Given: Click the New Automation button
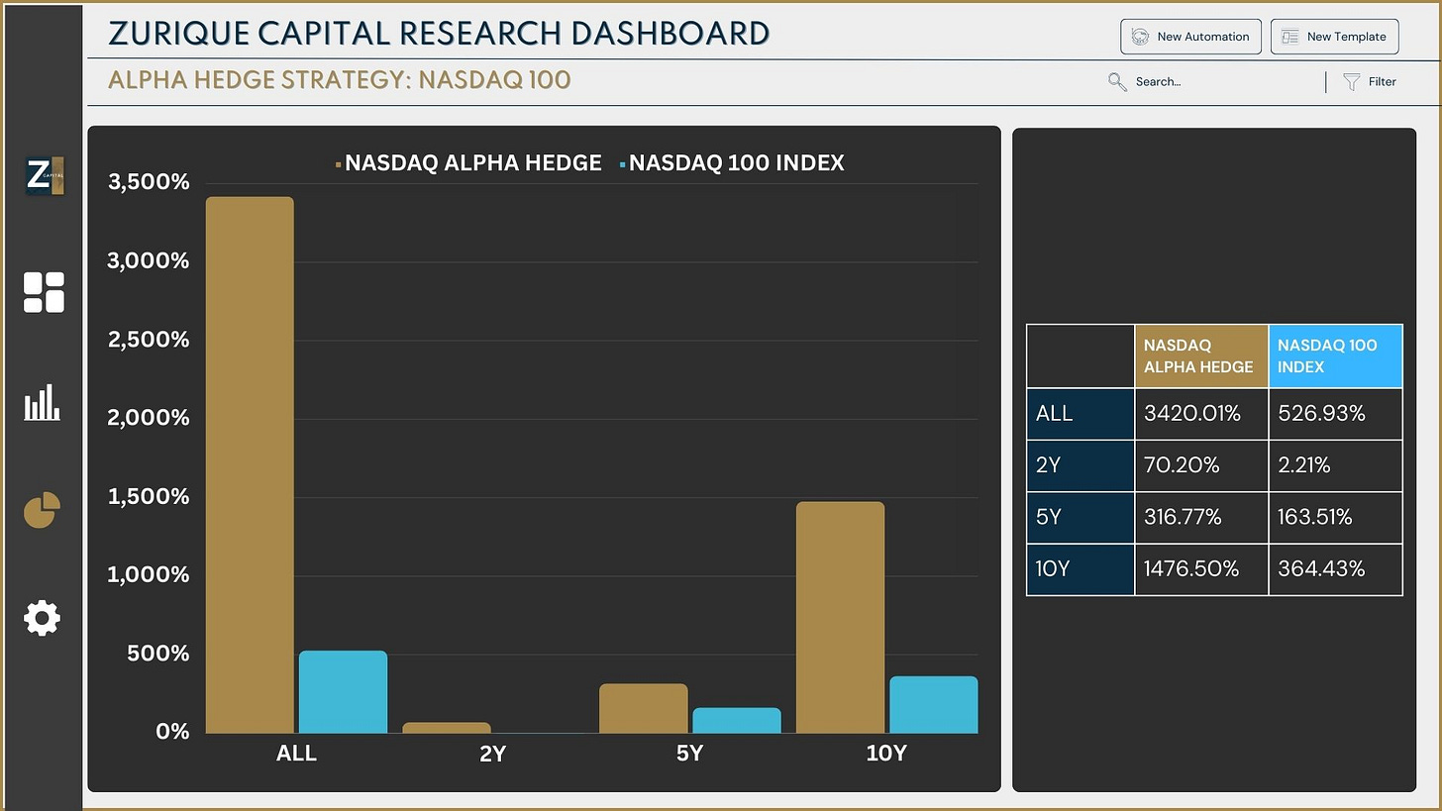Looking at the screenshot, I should pos(1190,37).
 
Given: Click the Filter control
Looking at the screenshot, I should pos(1370,82).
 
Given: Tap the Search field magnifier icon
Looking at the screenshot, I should pos(1117,82).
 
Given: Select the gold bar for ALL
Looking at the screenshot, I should pos(250,464).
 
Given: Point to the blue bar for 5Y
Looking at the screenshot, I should pos(736,720).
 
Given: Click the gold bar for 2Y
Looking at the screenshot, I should pos(446,728).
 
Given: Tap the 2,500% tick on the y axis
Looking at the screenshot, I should pos(148,340).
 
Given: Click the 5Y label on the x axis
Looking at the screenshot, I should pos(689,754).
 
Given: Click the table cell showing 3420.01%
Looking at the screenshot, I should pos(1200,414).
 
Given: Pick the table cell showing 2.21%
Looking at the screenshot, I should pos(1334,465).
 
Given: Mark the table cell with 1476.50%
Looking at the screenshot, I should pos(1200,569).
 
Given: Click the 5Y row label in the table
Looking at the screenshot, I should pos(1080,517).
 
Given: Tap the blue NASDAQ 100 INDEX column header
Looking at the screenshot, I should pos(1334,355).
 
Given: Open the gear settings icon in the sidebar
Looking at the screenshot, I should pos(43,618).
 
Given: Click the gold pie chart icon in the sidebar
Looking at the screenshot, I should pos(43,510).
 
